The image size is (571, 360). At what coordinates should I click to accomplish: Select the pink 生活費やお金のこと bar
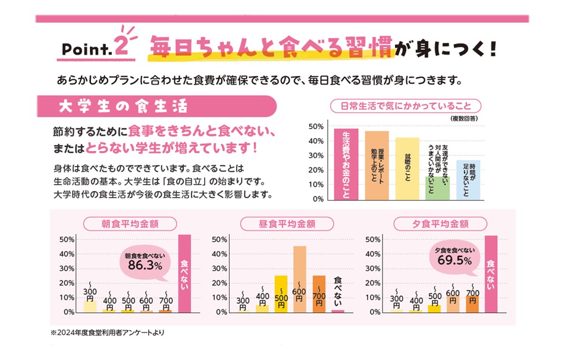click(346, 164)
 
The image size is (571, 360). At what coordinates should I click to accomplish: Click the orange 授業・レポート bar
click(377, 166)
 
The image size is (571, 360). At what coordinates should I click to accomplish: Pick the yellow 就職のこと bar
click(407, 169)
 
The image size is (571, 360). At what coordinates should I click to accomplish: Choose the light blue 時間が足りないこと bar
click(468, 180)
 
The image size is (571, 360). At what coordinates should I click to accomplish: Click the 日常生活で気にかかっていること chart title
click(406, 107)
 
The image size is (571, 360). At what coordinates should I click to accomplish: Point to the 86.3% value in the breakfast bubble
click(145, 265)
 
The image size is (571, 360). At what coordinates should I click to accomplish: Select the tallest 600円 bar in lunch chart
click(300, 278)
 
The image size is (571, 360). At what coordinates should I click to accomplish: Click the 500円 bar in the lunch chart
click(281, 294)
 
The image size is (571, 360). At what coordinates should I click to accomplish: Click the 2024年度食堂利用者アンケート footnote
click(107, 333)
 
